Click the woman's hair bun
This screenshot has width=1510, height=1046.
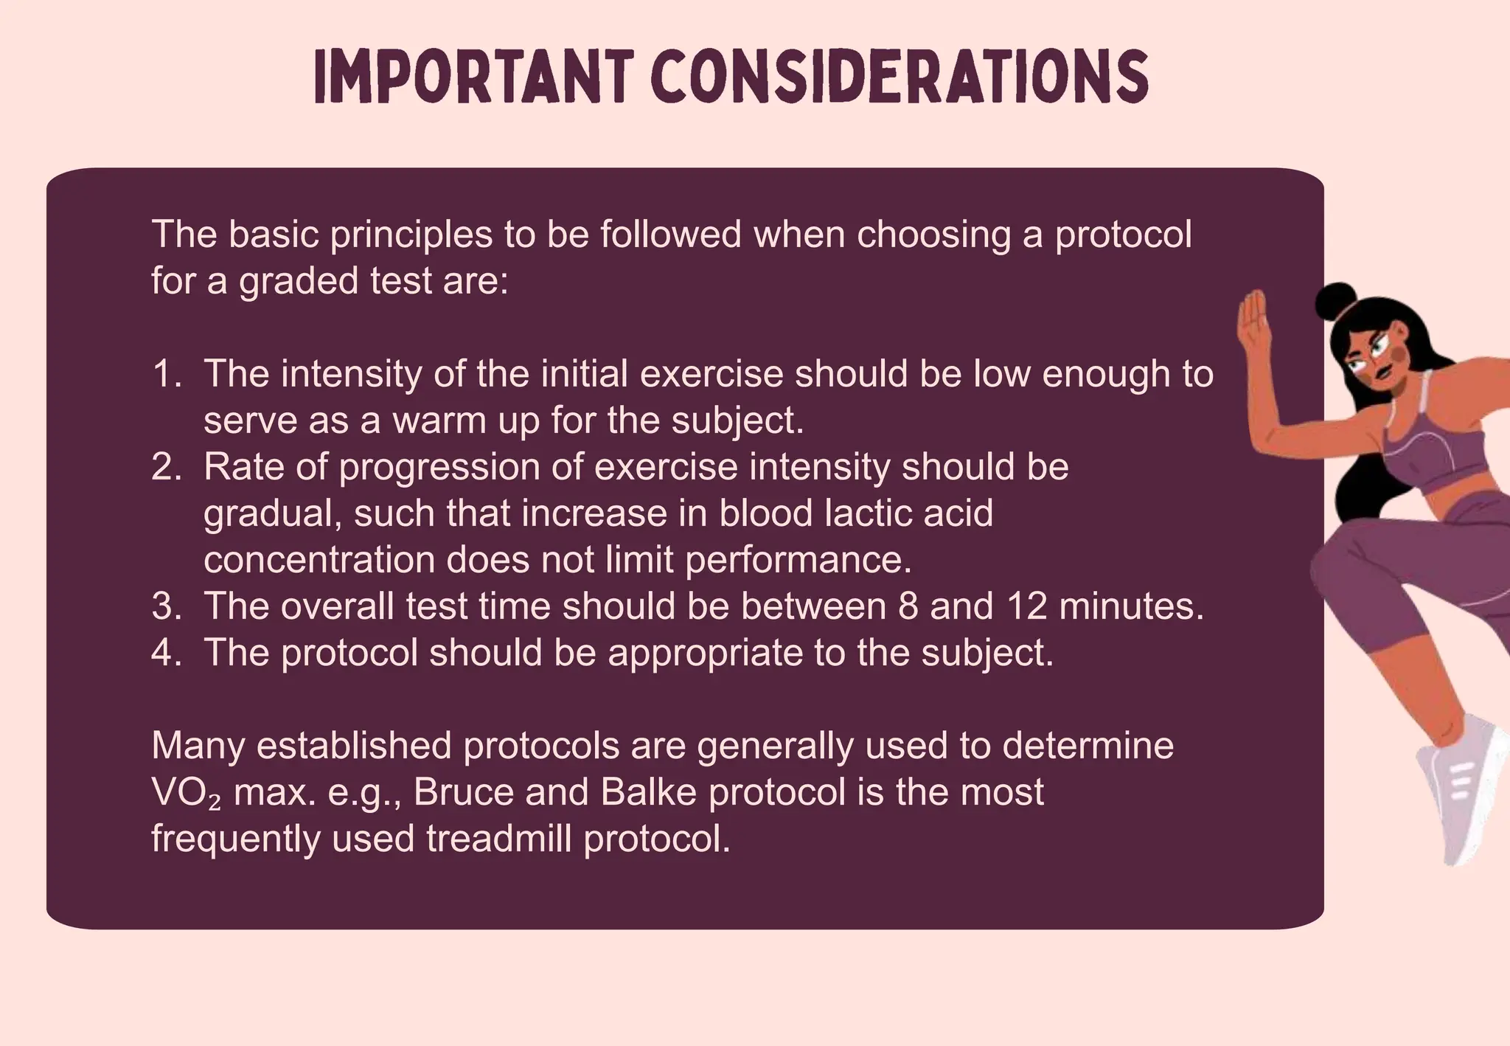(1335, 301)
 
